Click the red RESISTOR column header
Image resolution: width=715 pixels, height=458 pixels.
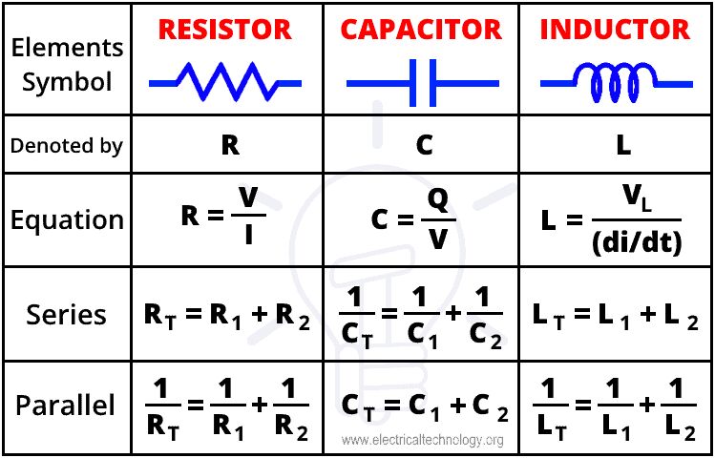224,30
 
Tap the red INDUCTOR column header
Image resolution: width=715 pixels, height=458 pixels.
614,30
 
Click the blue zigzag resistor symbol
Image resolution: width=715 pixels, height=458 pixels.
225,82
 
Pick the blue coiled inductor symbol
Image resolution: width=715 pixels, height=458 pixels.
614,82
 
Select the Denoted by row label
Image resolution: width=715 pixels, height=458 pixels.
66,147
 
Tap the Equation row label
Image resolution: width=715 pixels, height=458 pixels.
67,220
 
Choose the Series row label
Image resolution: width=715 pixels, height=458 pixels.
67,315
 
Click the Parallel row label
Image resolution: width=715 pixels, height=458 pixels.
66,406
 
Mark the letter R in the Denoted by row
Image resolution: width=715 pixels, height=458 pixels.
229,145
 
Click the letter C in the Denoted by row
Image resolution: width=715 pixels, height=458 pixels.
425,145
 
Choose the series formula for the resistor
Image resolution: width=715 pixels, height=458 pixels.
227,316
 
